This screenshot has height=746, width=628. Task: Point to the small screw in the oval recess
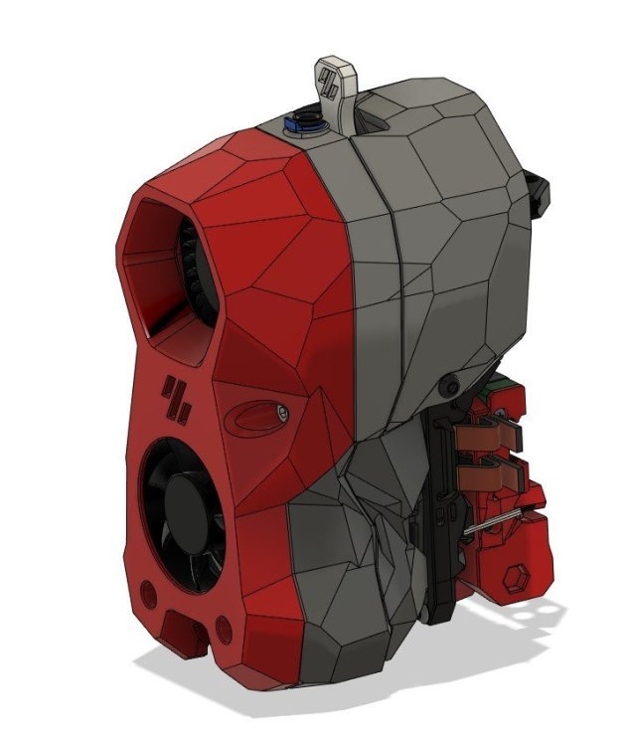point(283,411)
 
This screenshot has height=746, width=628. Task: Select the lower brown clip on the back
point(489,472)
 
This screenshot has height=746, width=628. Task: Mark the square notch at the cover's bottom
point(186,629)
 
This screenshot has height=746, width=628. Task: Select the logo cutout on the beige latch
point(331,79)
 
